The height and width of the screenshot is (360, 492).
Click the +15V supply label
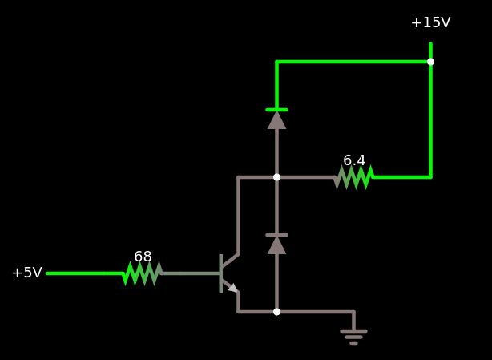(x=430, y=22)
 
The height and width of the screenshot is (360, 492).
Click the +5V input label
(x=26, y=273)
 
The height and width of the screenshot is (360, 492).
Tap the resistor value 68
(x=143, y=257)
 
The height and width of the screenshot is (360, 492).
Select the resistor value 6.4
(x=354, y=160)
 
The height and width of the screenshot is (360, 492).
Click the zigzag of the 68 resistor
(x=143, y=273)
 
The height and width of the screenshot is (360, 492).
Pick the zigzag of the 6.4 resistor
(x=354, y=177)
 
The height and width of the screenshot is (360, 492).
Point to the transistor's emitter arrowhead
(x=232, y=287)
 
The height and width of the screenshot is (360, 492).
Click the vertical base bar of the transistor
(x=220, y=273)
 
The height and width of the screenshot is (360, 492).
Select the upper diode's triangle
(x=276, y=120)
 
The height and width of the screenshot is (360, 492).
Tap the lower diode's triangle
(x=276, y=245)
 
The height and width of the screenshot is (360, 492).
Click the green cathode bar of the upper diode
(x=276, y=110)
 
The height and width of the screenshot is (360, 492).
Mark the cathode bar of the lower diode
(x=276, y=235)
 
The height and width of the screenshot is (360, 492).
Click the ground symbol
(x=353, y=335)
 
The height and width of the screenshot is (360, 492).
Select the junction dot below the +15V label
(x=430, y=62)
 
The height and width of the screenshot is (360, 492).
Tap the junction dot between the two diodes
(x=276, y=177)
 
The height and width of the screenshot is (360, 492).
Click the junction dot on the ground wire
(x=276, y=312)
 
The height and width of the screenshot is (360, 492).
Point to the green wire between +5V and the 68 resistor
(x=84, y=273)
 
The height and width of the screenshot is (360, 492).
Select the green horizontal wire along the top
(x=353, y=62)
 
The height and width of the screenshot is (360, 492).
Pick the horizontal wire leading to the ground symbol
(x=317, y=312)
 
